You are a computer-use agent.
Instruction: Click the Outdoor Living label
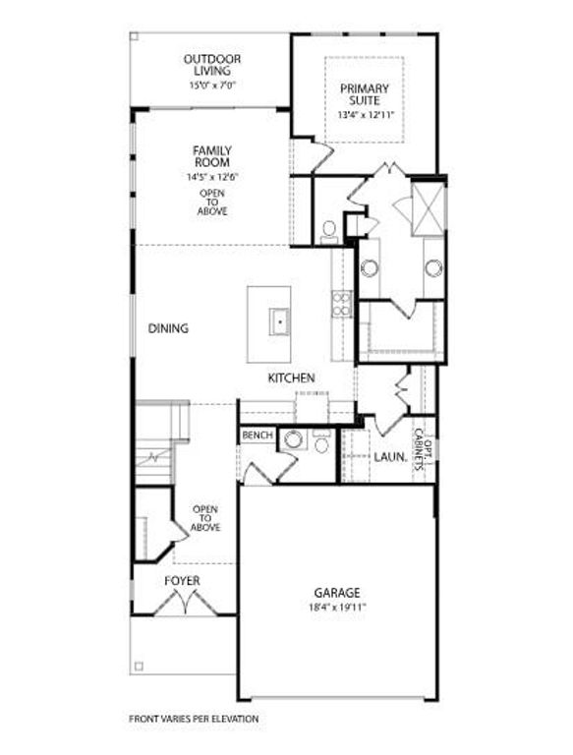point(211,65)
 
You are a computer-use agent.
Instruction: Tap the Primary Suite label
point(365,94)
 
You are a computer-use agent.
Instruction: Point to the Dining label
point(168,328)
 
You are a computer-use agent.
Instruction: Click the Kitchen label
point(291,377)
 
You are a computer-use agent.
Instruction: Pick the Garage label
point(337,593)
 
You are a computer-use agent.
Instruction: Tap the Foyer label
point(182,581)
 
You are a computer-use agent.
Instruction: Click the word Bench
point(257,435)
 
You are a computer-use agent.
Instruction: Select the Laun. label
point(390,457)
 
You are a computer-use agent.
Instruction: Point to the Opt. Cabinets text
point(421,448)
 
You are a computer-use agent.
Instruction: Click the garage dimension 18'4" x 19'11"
point(337,607)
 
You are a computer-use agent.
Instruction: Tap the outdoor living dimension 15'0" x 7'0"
point(211,85)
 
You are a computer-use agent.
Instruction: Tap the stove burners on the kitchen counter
point(341,304)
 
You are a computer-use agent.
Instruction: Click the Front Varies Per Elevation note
point(194,719)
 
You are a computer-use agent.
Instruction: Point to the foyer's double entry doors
point(182,602)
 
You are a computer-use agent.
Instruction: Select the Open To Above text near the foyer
point(205,518)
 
